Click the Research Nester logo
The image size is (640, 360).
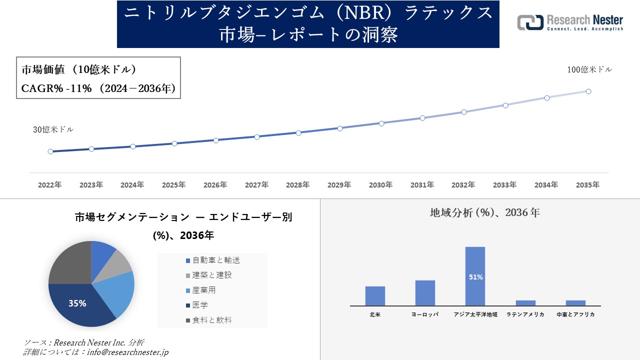570,23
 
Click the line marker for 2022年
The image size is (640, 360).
50,151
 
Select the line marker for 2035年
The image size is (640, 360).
588,91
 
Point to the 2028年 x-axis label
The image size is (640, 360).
298,185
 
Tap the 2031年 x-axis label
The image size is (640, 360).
422,185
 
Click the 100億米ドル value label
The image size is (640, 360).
589,70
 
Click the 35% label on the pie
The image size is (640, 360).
77,303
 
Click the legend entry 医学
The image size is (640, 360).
200,305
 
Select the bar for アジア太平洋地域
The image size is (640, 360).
475,276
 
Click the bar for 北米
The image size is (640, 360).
375,295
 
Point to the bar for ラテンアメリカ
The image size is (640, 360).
525,302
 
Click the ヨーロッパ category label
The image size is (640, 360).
425,314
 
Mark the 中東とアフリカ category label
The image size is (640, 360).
575,314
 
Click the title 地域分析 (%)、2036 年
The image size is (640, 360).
484,212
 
